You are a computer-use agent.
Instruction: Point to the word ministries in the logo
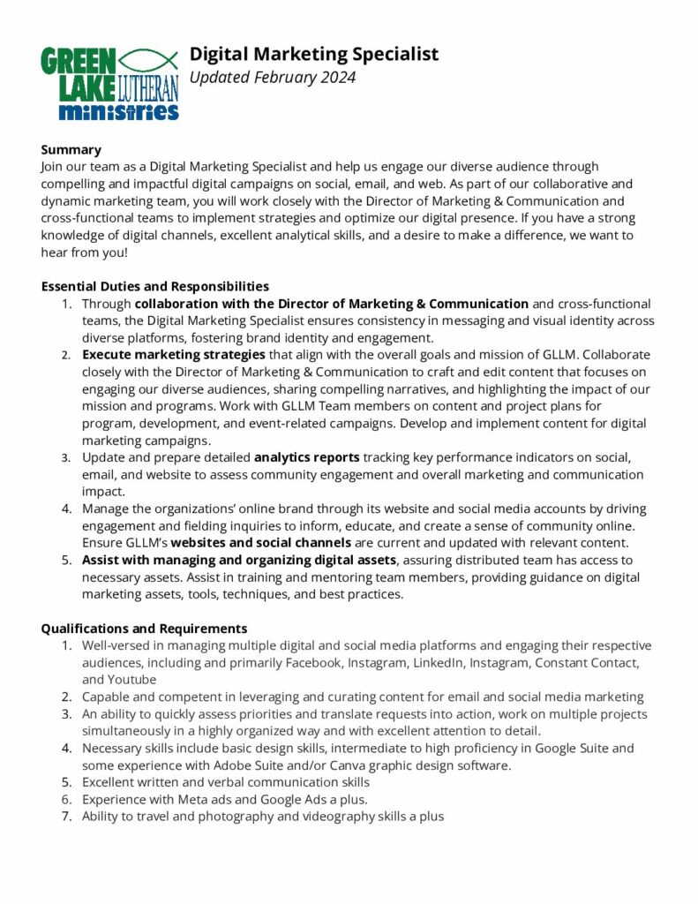118,111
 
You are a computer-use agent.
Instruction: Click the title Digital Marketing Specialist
314,54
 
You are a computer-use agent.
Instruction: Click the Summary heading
71,149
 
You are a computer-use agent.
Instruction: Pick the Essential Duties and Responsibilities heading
154,286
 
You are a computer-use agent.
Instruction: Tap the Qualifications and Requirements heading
144,629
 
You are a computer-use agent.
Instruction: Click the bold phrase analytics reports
306,457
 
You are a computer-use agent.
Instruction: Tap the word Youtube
131,679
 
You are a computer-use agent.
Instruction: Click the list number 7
65,816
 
